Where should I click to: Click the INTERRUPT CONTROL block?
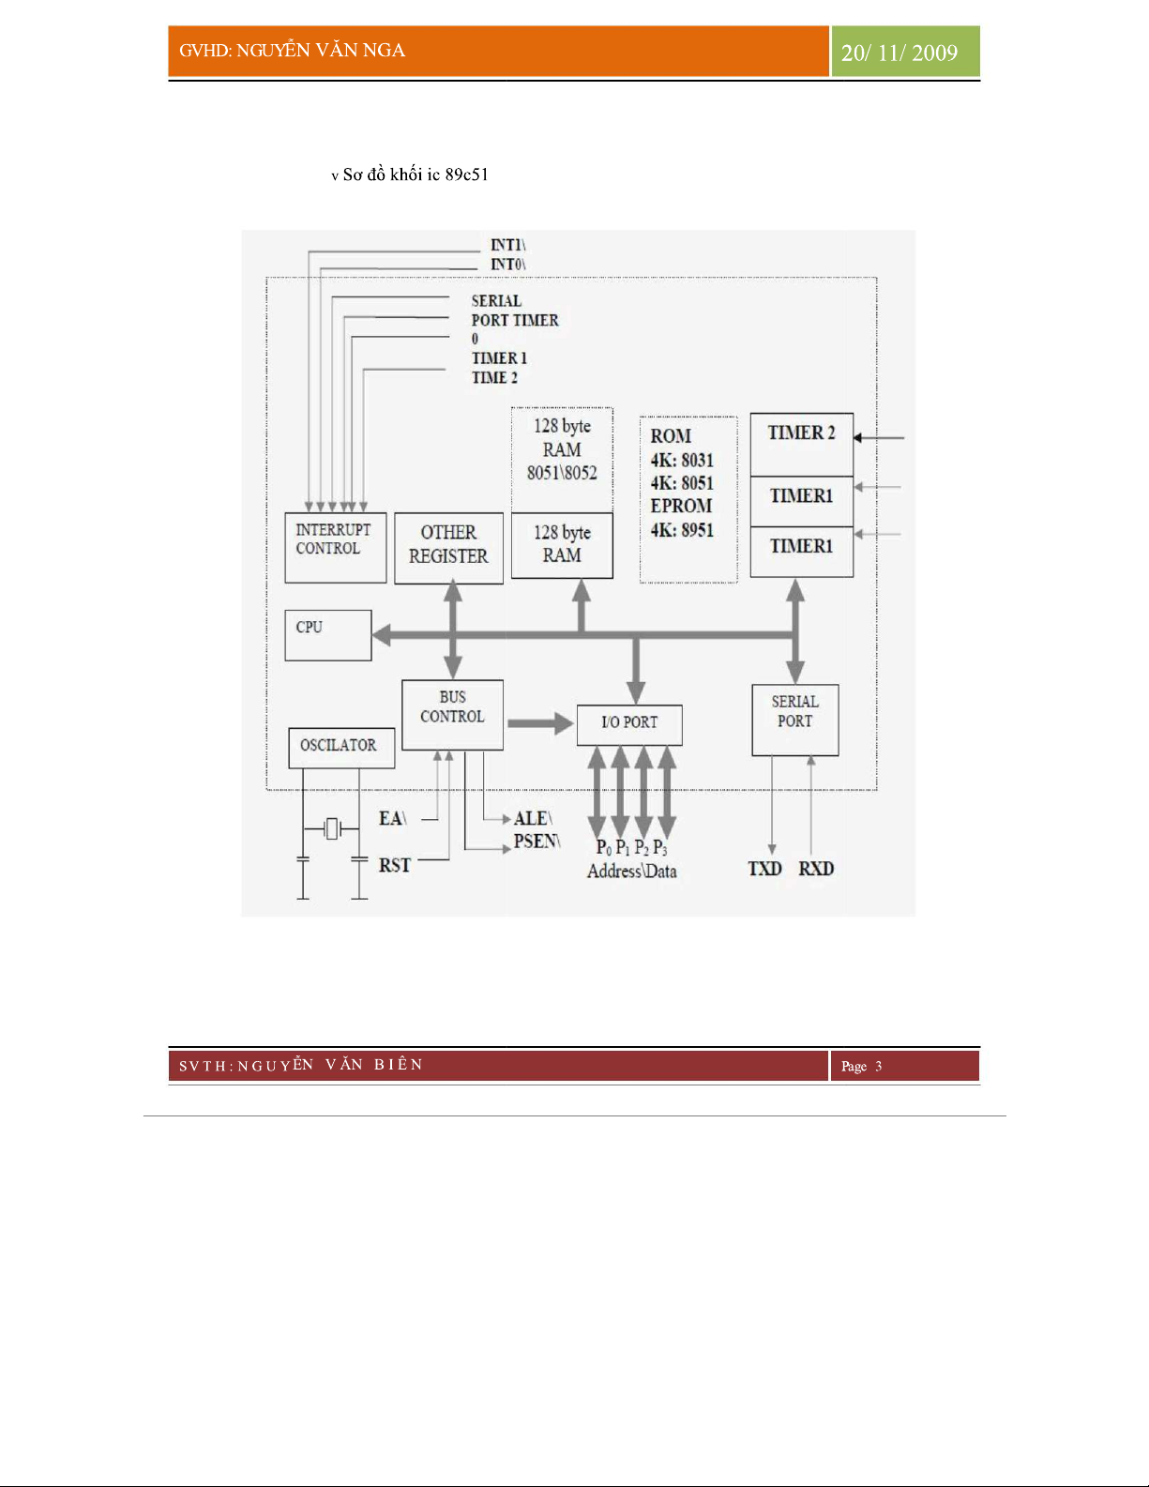coord(335,548)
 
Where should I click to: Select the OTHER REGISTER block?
coord(448,548)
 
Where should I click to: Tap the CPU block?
coord(327,635)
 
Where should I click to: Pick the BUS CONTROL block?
coord(452,714)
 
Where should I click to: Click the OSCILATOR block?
coord(340,748)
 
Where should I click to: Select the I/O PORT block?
coord(629,724)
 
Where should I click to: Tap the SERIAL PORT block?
coord(794,720)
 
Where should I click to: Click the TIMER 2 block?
coord(801,443)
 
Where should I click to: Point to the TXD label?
coord(764,869)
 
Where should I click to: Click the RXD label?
coord(816,869)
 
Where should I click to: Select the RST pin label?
coord(394,865)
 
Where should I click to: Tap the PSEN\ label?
coord(537,842)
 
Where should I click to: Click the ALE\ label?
coord(533,818)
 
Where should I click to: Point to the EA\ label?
coord(392,818)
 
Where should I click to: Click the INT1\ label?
coord(507,245)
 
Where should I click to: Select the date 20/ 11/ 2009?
coord(900,53)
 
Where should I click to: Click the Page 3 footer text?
coord(861,1066)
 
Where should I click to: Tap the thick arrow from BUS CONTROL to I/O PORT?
coord(540,723)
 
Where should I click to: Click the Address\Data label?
coord(631,872)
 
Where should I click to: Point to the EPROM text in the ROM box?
coord(681,506)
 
